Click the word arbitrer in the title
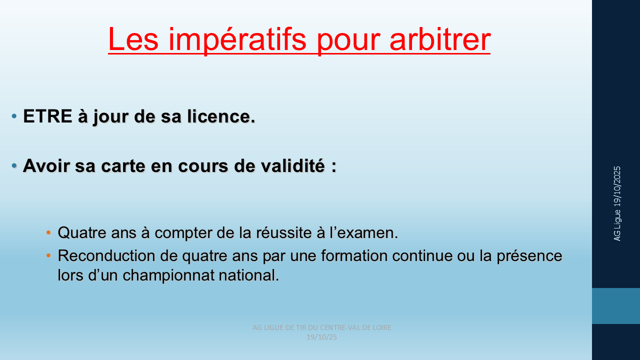[440, 39]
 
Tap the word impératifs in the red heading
[237, 40]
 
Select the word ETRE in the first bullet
[47, 116]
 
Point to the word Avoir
[46, 165]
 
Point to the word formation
[354, 255]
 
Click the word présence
[529, 256]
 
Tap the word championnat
[168, 275]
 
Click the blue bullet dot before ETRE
[14, 116]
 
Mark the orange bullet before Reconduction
[48, 255]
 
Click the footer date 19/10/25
[321, 337]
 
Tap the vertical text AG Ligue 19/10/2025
[617, 203]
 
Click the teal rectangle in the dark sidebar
[616, 306]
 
